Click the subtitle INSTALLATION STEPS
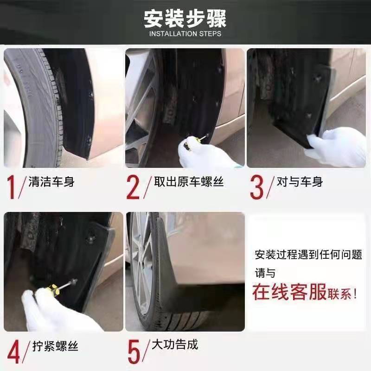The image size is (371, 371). coord(185,34)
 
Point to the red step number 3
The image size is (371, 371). coord(256,186)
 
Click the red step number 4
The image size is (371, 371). coord(13,351)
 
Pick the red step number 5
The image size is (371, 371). coord(134,351)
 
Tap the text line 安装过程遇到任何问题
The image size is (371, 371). coord(308,255)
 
